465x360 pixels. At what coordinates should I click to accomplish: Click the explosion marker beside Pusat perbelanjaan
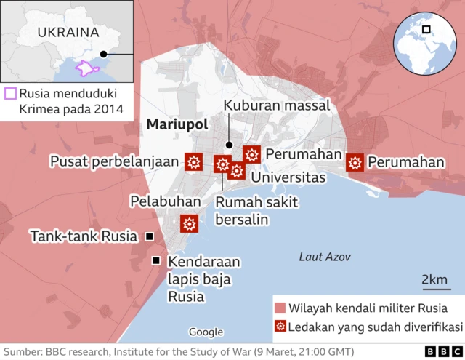click(x=194, y=162)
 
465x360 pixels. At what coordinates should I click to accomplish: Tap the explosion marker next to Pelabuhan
click(x=190, y=224)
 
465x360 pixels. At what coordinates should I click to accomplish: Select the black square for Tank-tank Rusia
click(x=149, y=236)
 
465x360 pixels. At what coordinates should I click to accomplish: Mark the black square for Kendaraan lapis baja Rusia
click(x=155, y=261)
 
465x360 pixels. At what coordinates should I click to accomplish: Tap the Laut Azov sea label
click(x=325, y=257)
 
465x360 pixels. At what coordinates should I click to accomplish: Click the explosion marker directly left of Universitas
click(x=236, y=171)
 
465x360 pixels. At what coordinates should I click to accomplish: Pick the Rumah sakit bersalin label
click(x=246, y=210)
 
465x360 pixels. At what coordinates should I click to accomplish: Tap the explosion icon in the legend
click(x=279, y=327)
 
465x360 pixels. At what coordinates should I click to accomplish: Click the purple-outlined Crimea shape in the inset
click(x=86, y=69)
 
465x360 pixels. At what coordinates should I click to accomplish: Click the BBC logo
click(x=438, y=351)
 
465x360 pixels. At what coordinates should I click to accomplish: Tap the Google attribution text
click(x=206, y=332)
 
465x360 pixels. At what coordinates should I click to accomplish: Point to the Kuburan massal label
click(x=276, y=105)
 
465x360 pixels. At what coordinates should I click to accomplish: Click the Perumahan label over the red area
click(x=405, y=162)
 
